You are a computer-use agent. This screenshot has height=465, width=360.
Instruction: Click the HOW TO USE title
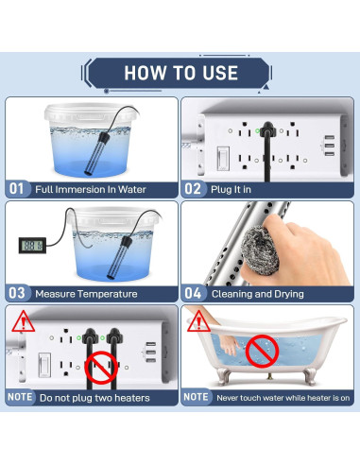click(180, 72)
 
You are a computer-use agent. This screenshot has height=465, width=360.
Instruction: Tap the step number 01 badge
click(17, 189)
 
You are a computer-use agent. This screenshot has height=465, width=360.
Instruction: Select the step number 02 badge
click(194, 189)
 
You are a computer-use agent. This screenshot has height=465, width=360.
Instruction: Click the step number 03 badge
click(17, 294)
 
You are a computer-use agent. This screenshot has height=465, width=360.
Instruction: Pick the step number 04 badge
click(194, 294)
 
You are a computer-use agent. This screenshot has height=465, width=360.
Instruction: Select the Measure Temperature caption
click(86, 294)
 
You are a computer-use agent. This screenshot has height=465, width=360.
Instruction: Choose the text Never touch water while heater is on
click(283, 398)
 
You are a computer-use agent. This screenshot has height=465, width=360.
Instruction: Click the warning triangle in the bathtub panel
click(197, 323)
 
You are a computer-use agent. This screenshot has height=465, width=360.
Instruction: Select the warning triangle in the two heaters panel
click(21, 323)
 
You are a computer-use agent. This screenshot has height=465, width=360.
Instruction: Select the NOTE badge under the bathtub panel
click(196, 398)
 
